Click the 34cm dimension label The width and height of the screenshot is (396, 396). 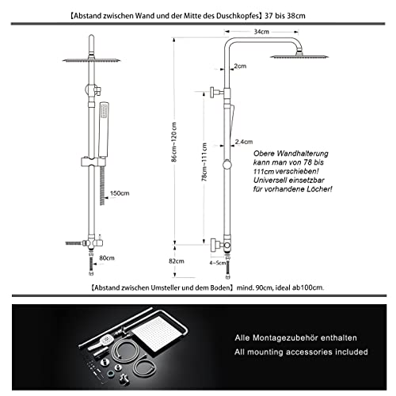261,32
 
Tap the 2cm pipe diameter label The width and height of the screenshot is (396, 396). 240,66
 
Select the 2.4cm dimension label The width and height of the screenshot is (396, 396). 244,142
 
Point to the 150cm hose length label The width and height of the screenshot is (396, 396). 120,193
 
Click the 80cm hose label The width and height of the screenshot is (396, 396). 107,258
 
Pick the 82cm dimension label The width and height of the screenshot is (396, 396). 177,261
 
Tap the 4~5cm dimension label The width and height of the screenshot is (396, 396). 218,263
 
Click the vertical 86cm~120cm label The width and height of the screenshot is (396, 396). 174,142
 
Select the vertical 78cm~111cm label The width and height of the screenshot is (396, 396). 204,162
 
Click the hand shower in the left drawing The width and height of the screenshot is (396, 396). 104,130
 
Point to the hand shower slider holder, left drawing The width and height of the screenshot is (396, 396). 93,162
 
